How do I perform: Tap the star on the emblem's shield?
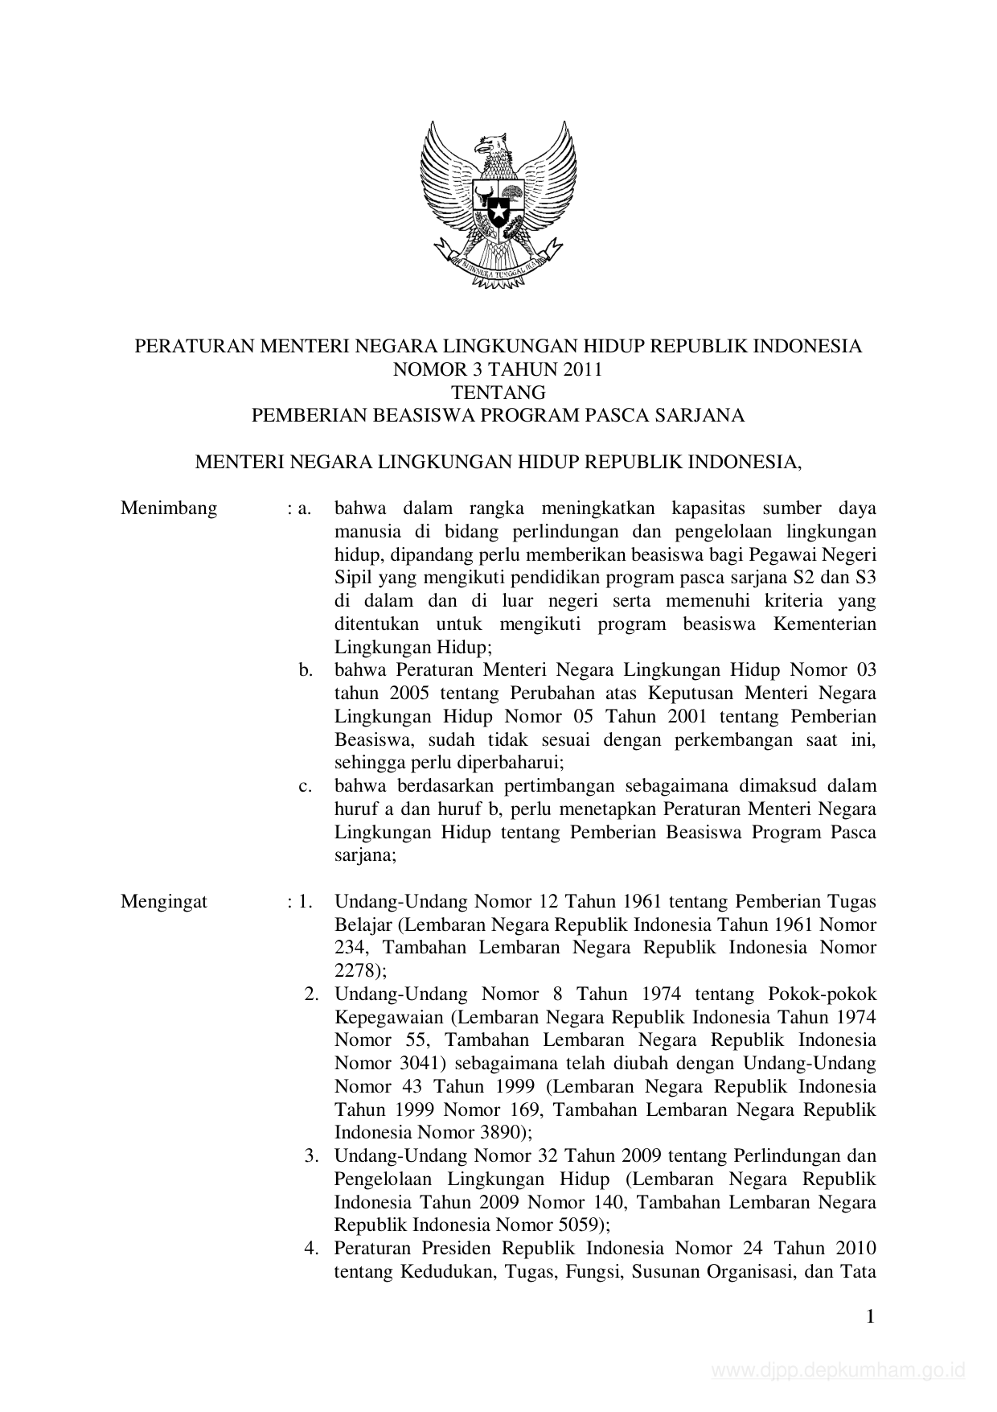point(498,215)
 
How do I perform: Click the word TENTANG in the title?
point(498,393)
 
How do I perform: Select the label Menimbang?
point(169,508)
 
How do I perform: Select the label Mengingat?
point(164,901)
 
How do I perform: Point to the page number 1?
point(869,1316)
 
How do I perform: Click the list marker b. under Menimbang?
point(305,670)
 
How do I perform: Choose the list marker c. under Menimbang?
point(305,786)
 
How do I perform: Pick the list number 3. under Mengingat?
point(311,1156)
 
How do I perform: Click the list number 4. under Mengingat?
point(311,1249)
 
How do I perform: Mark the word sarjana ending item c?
point(363,855)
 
